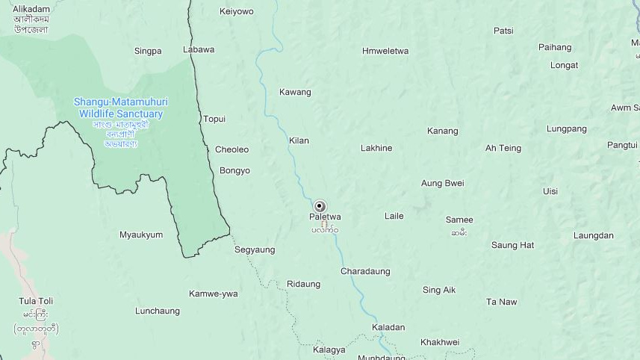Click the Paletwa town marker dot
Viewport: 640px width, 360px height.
pyautogui.click(x=320, y=206)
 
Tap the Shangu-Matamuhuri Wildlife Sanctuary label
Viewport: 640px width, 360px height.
pyautogui.click(x=120, y=108)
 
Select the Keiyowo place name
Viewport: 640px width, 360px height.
pyautogui.click(x=236, y=11)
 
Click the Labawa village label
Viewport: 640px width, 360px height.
pyautogui.click(x=199, y=49)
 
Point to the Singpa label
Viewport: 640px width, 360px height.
pyautogui.click(x=148, y=51)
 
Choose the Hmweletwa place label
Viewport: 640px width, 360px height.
pyautogui.click(x=385, y=51)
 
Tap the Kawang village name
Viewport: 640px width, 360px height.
pyautogui.click(x=295, y=92)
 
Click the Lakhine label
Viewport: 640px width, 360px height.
pyautogui.click(x=376, y=148)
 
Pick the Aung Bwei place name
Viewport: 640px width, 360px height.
pyautogui.click(x=442, y=183)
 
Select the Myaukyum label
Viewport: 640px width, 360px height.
pyautogui.click(x=141, y=235)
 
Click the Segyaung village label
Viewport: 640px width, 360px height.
pyautogui.click(x=255, y=249)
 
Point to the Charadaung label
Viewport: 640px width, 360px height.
pyautogui.click(x=365, y=271)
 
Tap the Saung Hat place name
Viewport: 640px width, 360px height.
pyautogui.click(x=512, y=245)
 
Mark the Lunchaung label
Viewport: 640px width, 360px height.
pyautogui.click(x=158, y=311)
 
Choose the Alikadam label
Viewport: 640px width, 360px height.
pyautogui.click(x=31, y=9)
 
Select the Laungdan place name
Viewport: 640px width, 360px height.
pyautogui.click(x=593, y=235)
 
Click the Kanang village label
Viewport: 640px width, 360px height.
pyautogui.click(x=442, y=131)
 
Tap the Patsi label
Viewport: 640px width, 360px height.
pyautogui.click(x=503, y=31)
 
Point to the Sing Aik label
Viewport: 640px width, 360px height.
pyautogui.click(x=438, y=290)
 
